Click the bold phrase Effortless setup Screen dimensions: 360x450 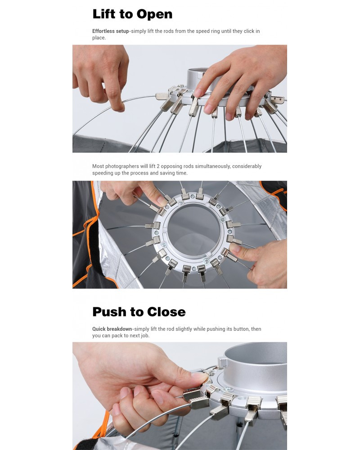111,31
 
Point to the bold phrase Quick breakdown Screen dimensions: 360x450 112,329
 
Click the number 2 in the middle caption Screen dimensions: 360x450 158,166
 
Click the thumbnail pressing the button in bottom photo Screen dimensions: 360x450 200,376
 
